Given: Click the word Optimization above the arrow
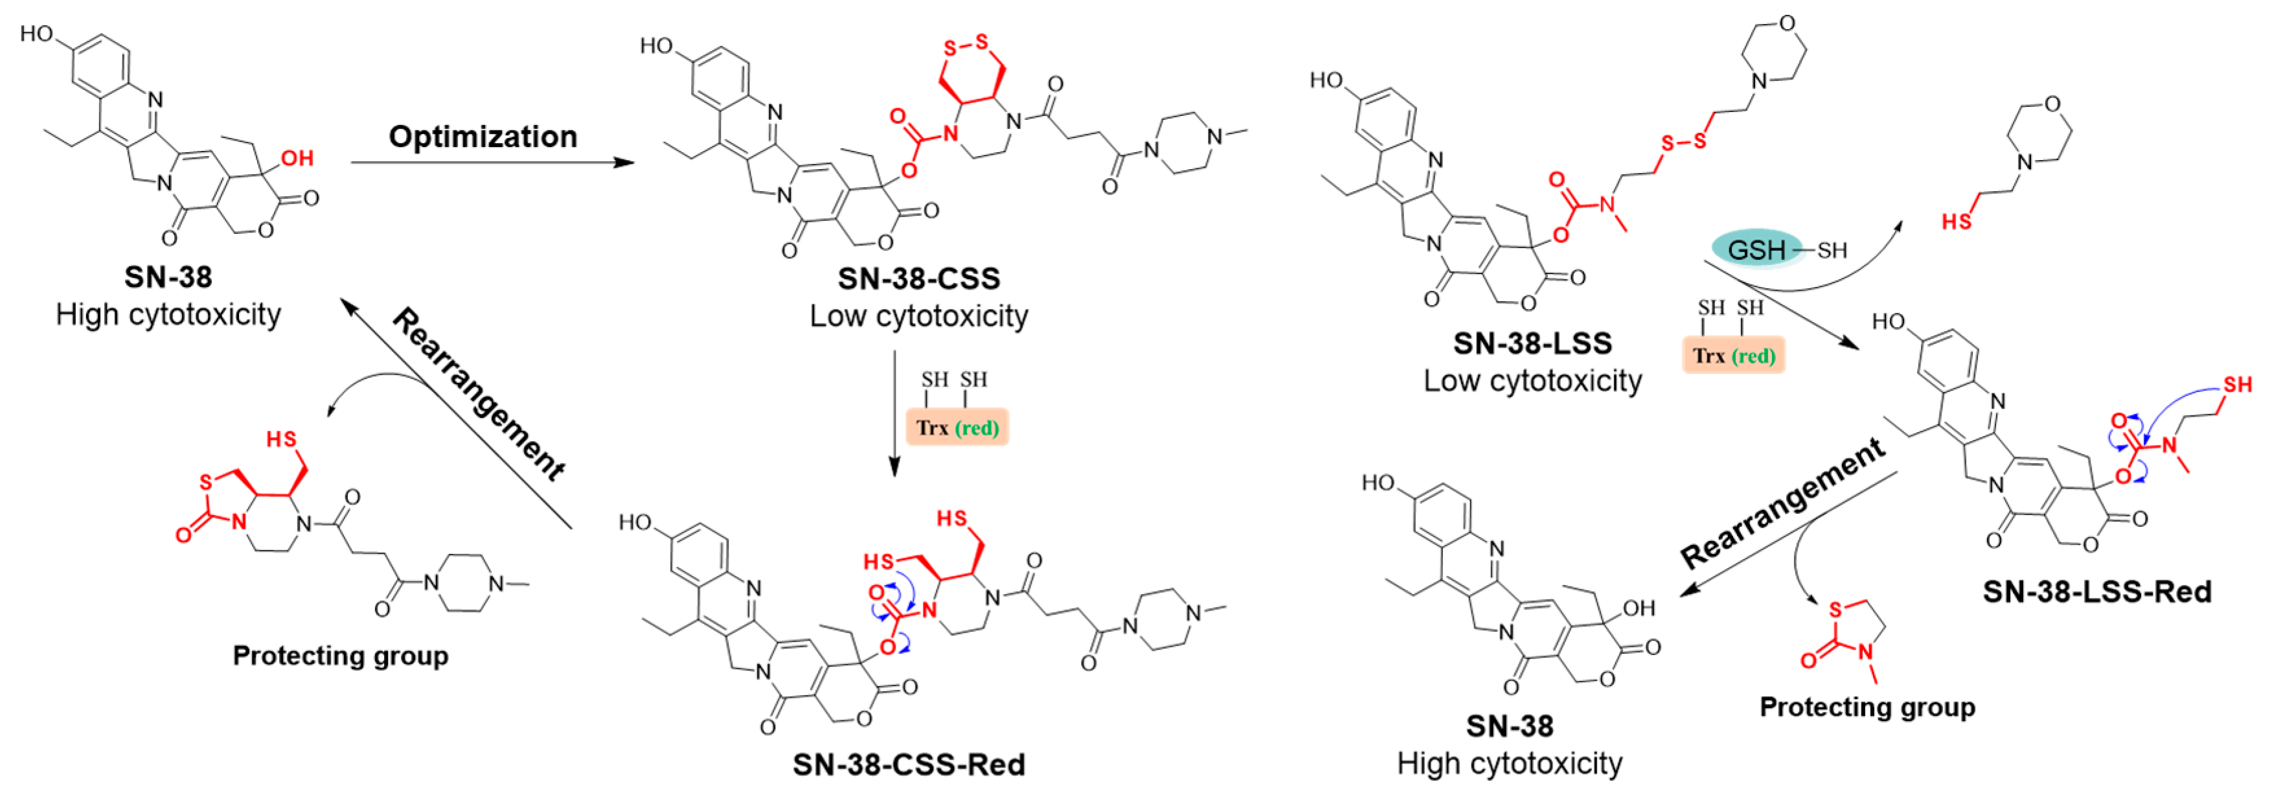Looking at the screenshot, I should coord(483,137).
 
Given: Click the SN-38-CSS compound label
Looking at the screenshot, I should coord(918,279).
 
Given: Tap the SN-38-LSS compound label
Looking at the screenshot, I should coord(1532,343).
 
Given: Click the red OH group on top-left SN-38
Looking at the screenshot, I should coord(297,159).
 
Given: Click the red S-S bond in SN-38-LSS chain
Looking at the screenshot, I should coord(1683,141).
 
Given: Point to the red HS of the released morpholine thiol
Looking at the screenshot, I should coord(1957,221).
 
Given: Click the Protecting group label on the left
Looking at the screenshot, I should coord(340,656).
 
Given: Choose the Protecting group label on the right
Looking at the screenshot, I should coord(1867,707).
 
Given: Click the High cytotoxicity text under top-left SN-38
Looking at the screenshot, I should coord(168,315).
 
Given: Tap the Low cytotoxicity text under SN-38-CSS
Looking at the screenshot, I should coord(918,315).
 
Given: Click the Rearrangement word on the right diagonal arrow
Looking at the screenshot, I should coord(1782,504).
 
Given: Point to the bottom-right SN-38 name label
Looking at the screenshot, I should coord(1510,726).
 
